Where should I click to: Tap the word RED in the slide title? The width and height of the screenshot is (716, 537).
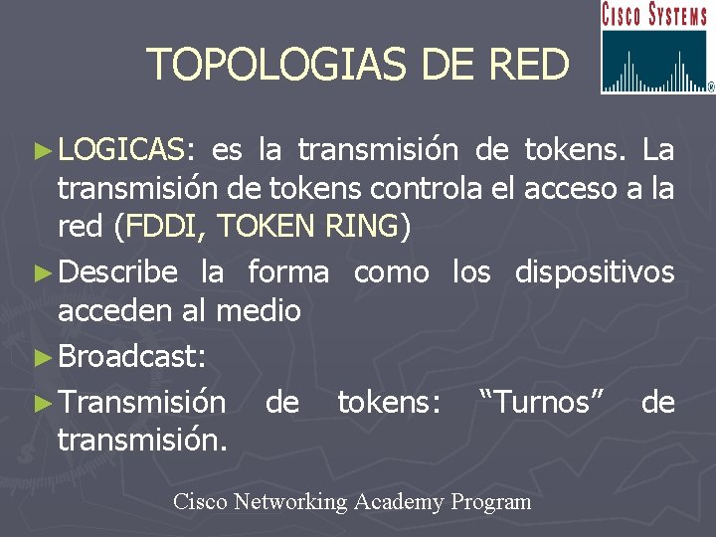click(x=528, y=66)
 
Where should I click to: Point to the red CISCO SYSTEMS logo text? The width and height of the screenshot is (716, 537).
click(x=655, y=15)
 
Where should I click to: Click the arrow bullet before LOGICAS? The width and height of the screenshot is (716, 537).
click(x=41, y=151)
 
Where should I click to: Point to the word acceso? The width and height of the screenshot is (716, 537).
click(x=570, y=189)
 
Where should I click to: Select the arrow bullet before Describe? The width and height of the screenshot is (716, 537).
click(x=41, y=272)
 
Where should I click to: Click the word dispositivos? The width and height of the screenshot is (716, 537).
click(x=595, y=272)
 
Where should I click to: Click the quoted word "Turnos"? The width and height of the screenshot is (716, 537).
click(x=541, y=403)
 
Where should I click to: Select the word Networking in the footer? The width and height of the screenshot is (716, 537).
click(x=288, y=502)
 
